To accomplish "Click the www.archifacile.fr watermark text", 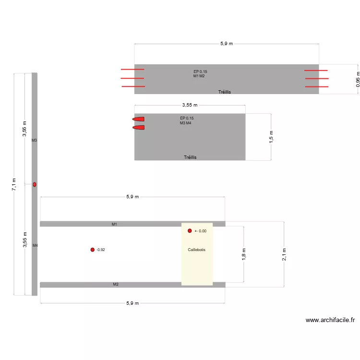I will tap(330, 321).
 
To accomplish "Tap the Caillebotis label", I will tap(197, 250).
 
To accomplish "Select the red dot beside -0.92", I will tap(92, 250).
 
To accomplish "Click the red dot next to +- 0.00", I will tap(190, 231).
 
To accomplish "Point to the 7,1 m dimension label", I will tap(14, 184).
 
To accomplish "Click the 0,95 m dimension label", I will tap(358, 79).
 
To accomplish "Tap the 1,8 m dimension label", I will tap(244, 254).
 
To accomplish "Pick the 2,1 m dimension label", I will tap(284, 254).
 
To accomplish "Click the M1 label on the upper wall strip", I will tap(115, 224).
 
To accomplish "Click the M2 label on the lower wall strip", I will tap(116, 285).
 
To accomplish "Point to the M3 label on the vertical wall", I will tap(34, 140).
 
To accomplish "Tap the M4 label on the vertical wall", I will tap(35, 245).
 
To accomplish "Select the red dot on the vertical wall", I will tap(35, 184).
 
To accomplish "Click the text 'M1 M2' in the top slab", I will tap(199, 76).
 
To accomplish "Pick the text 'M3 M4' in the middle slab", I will tap(186, 123).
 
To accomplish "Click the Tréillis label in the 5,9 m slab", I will tap(225, 92).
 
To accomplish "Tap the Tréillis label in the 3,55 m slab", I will tap(190, 157).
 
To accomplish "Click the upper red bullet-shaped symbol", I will tap(139, 119).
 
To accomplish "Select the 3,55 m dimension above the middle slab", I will tap(190, 105).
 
